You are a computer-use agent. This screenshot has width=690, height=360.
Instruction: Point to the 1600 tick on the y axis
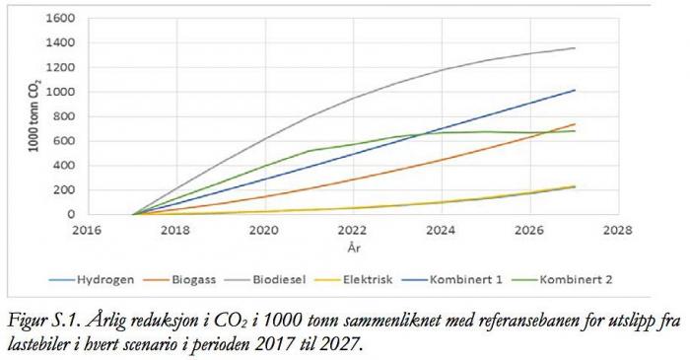[60, 19]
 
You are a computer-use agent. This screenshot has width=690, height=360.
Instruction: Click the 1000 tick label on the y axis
[60, 92]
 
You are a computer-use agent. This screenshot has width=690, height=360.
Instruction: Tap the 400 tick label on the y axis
[64, 165]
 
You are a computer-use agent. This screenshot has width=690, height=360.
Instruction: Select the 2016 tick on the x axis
[88, 230]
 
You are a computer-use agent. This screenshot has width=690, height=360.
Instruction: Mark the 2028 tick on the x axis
[618, 230]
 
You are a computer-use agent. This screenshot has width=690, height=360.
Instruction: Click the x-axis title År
[353, 249]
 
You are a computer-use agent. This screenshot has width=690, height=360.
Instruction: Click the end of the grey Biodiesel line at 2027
[575, 48]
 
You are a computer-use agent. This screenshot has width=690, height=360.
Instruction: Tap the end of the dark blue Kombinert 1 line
[575, 91]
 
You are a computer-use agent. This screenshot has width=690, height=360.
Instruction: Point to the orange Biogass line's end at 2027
[575, 124]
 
